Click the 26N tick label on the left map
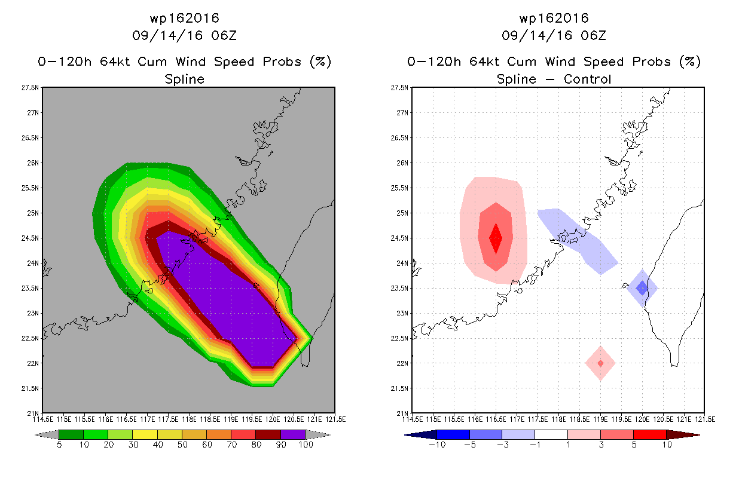coord(33,163)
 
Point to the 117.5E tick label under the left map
coord(168,419)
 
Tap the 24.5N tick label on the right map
coord(399,238)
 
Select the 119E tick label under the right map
coord(600,419)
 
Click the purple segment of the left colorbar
coord(293,434)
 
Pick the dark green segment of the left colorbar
coord(71,434)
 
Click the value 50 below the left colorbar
coord(182,445)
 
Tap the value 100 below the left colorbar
coord(306,445)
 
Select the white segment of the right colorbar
coord(551,434)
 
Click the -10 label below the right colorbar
coord(437,445)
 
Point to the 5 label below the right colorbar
coord(634,445)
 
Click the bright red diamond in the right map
coord(496,238)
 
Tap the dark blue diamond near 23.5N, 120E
coord(642,288)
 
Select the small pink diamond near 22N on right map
coord(600,363)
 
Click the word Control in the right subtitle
coord(587,79)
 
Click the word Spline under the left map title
coord(184,79)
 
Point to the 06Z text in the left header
coord(224,35)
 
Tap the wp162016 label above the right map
coord(554,18)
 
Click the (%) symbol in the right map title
coord(690,62)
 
